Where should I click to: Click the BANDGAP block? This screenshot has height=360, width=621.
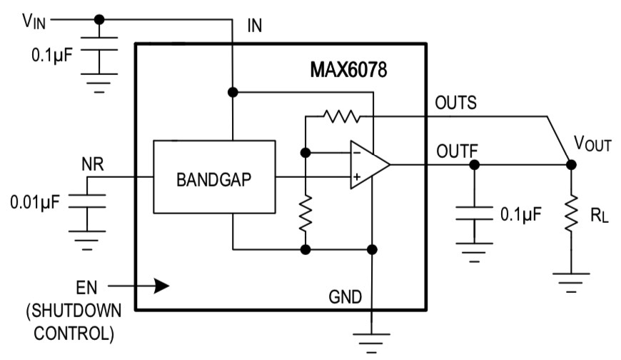click(x=214, y=177)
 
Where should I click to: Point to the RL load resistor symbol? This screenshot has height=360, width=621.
click(x=571, y=211)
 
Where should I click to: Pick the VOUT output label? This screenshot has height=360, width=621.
click(x=593, y=145)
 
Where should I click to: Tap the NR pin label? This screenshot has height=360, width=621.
click(x=92, y=164)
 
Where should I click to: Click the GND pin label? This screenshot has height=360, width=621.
click(x=345, y=295)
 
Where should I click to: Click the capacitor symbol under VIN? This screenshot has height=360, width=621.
click(x=99, y=54)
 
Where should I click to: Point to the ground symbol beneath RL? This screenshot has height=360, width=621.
click(x=571, y=279)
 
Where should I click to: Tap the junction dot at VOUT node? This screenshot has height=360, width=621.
click(x=571, y=164)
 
